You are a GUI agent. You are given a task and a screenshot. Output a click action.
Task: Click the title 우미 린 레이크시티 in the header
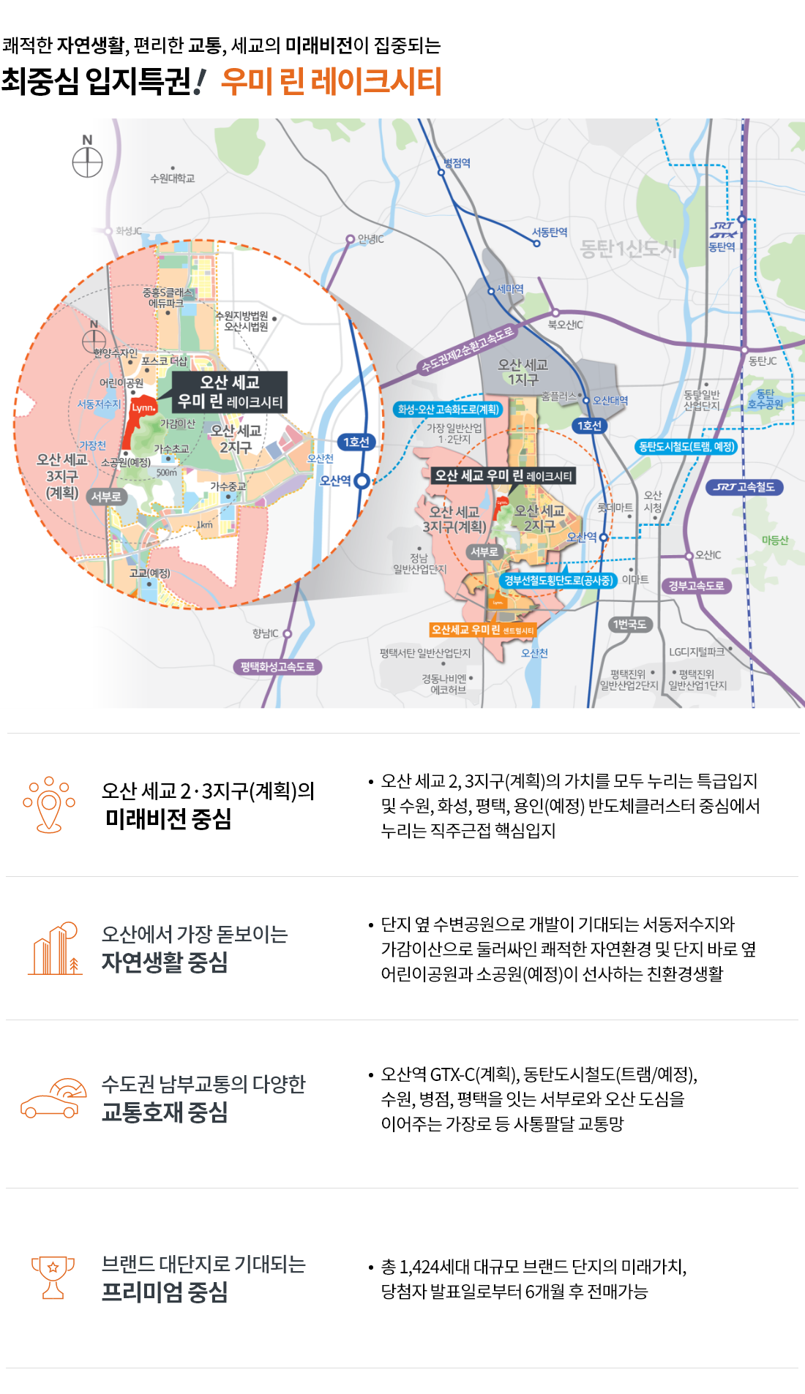coord(331,81)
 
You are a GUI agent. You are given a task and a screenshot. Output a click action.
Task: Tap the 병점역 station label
coord(457,163)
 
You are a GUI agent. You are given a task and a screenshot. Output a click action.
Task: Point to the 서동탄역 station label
coord(550,232)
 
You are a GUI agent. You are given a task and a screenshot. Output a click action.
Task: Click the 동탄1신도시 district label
coord(628,249)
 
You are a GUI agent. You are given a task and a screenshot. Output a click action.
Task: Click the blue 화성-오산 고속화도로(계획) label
coord(448,410)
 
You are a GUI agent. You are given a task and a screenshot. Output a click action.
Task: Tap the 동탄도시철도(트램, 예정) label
coord(686,446)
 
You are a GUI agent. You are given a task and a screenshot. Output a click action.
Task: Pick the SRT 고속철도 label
coord(744,487)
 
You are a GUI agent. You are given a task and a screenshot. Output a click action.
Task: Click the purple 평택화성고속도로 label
coord(277,667)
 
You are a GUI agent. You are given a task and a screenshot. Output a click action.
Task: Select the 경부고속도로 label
coord(696,586)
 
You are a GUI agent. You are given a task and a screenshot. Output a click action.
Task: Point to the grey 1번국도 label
coord(629,625)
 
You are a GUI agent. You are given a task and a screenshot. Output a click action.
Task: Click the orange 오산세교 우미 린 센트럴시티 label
coord(483,630)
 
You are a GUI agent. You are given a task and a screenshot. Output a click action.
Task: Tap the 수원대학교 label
coord(172,178)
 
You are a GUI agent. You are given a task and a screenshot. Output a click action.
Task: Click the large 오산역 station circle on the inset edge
coord(362,481)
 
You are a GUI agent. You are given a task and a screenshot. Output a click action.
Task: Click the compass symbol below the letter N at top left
coord(87,162)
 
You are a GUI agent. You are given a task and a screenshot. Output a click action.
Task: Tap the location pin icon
coord(49,805)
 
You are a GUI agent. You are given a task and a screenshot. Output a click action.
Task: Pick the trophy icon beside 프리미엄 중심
coord(53,1277)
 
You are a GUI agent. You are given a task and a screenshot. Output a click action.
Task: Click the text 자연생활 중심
coord(165,962)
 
